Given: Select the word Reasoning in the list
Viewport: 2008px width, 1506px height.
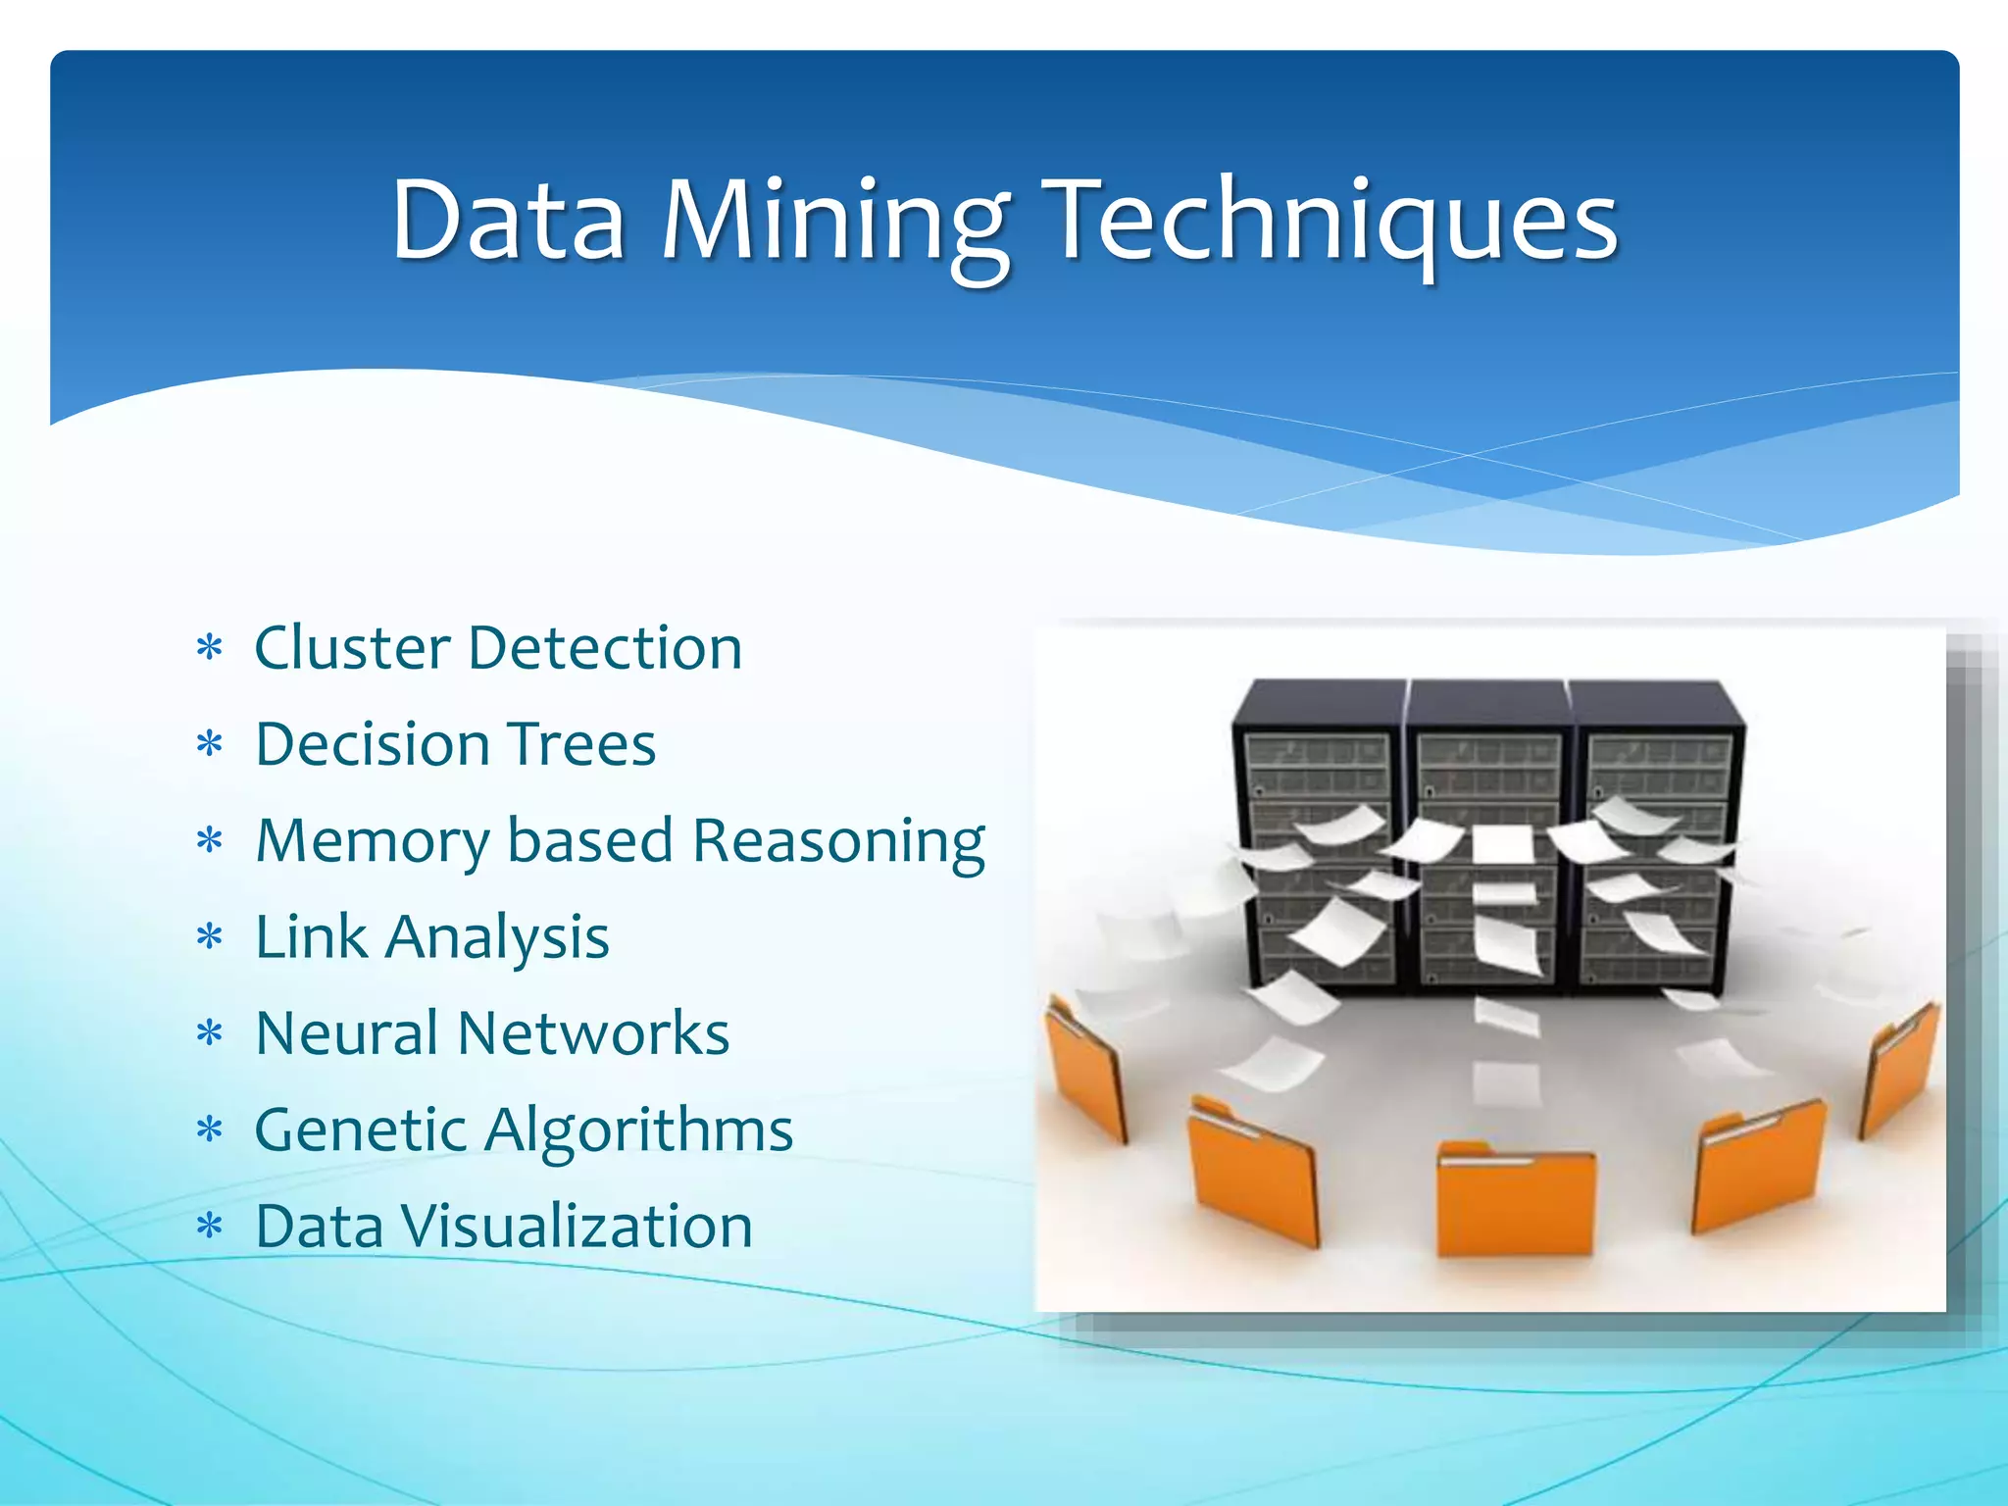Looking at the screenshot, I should click(x=838, y=841).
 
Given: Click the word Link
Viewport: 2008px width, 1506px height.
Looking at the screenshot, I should click(x=312, y=937).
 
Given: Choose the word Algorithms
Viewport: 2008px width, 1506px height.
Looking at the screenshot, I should click(x=638, y=1130).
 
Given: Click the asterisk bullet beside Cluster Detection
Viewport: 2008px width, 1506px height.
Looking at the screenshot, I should click(x=210, y=648).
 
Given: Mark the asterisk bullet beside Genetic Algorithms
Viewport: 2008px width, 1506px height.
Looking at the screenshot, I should click(x=210, y=1130).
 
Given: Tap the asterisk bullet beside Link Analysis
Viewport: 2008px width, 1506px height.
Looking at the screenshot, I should click(x=210, y=937).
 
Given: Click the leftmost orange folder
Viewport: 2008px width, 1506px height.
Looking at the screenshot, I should click(x=1083, y=1074).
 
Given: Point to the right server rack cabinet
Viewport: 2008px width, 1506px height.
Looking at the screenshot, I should click(x=1657, y=833).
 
